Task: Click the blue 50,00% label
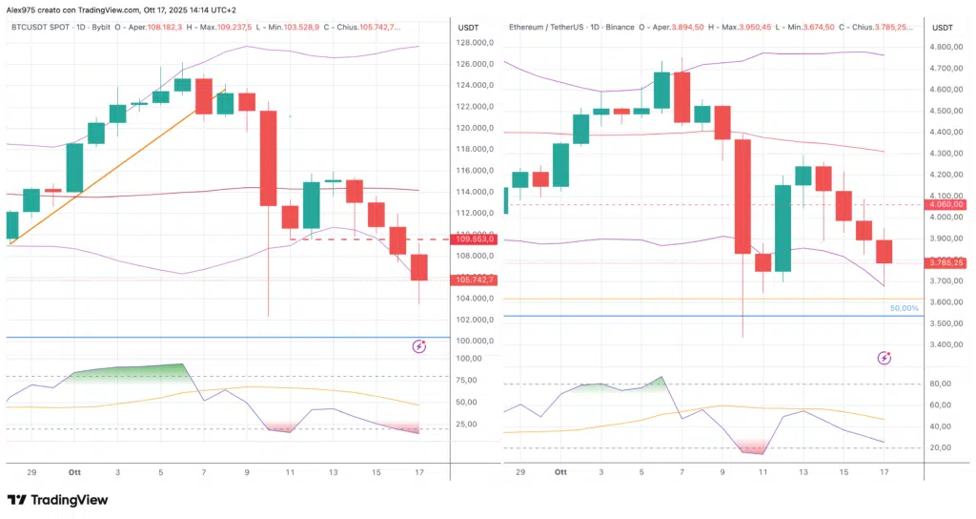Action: pos(904,308)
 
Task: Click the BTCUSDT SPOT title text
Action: pos(43,27)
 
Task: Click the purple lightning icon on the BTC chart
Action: pos(418,346)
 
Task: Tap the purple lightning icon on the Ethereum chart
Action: pos(884,358)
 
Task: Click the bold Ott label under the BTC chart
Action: pos(75,472)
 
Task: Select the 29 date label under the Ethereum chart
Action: pos(519,472)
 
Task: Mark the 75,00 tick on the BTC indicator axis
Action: pos(467,380)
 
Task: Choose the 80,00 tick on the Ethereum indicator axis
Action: pos(942,384)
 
